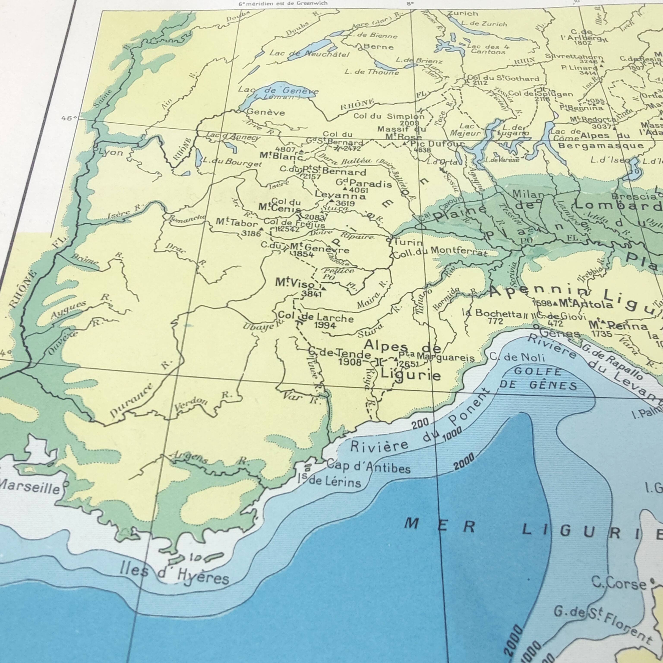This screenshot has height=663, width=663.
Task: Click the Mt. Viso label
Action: click(x=295, y=283)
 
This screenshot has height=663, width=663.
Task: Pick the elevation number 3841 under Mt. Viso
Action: click(x=311, y=294)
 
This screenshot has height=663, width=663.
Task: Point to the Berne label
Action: click(x=378, y=46)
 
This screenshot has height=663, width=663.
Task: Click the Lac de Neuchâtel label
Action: click(x=309, y=54)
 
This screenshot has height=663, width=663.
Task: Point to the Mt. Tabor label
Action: click(x=237, y=223)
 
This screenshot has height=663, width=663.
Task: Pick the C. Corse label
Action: click(x=619, y=583)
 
